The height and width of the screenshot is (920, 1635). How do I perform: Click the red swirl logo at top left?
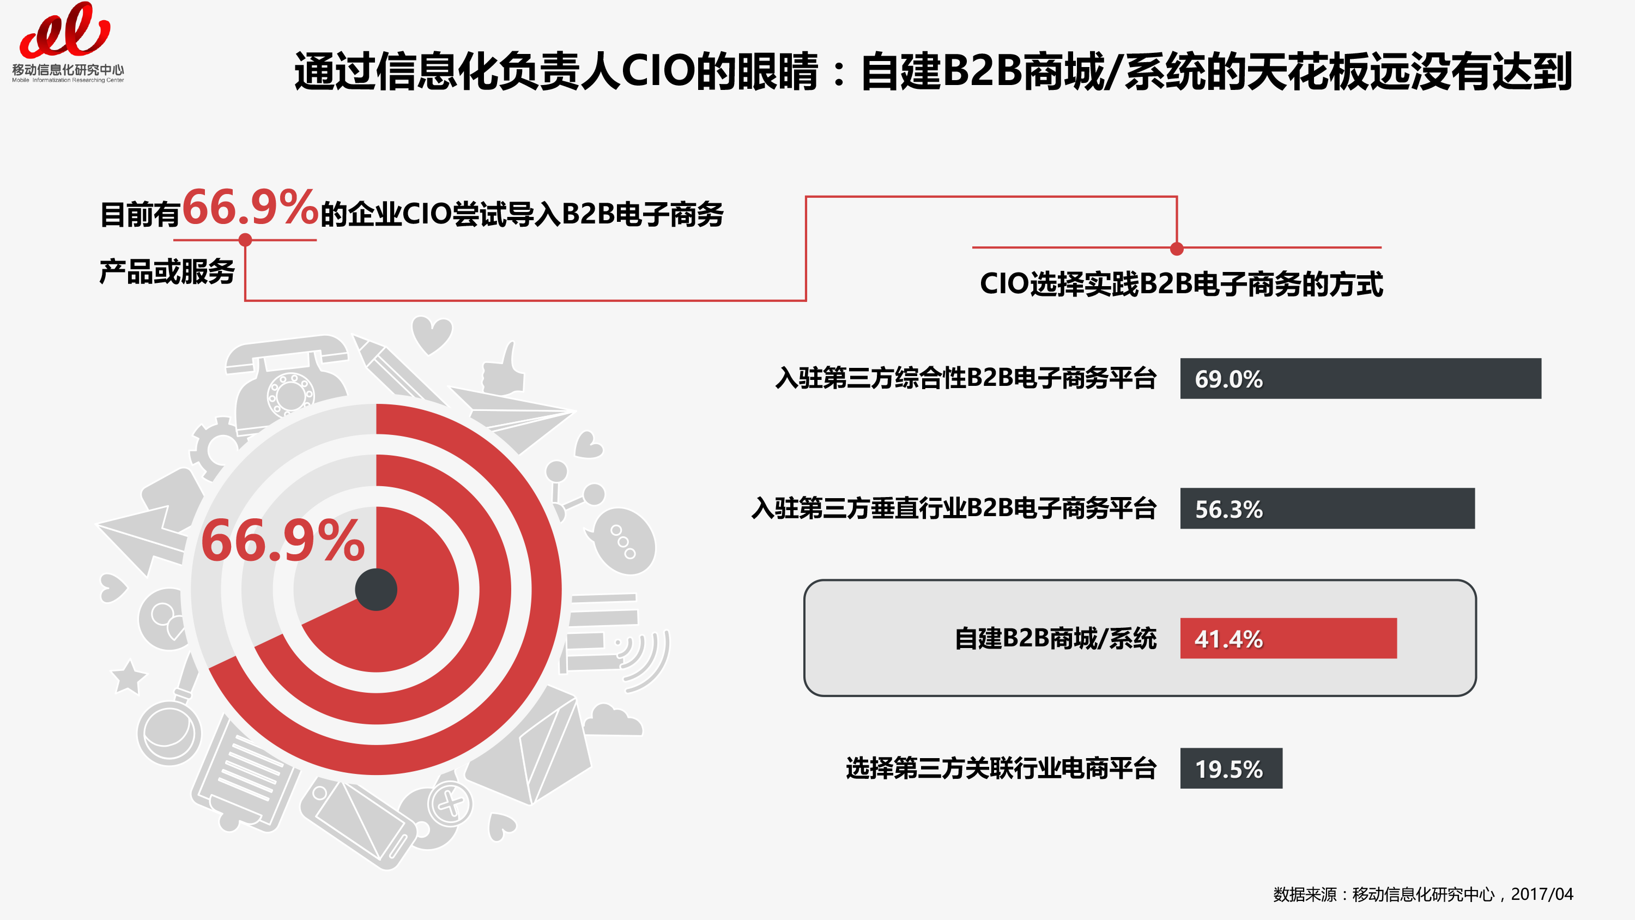tap(65, 30)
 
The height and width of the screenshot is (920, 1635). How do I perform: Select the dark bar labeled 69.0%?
tap(1360, 378)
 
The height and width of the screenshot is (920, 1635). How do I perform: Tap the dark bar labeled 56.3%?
tap(1327, 508)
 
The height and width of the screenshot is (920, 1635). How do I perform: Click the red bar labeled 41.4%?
tap(1288, 638)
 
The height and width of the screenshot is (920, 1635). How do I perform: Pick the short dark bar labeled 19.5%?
tap(1231, 768)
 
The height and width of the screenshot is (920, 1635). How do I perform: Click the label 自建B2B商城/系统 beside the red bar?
tap(1056, 638)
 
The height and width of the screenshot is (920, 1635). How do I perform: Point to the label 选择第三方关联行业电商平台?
tap(1001, 768)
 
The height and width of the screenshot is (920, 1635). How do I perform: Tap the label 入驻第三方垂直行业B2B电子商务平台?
tap(954, 508)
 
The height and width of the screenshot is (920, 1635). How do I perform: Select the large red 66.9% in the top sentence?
tap(250, 207)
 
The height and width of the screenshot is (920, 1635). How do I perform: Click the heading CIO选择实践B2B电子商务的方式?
tap(1180, 283)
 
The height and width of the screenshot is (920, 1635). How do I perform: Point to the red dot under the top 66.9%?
tap(245, 240)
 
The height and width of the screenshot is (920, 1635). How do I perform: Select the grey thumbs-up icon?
tap(504, 368)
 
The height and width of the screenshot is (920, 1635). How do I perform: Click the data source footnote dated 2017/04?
tap(1423, 894)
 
